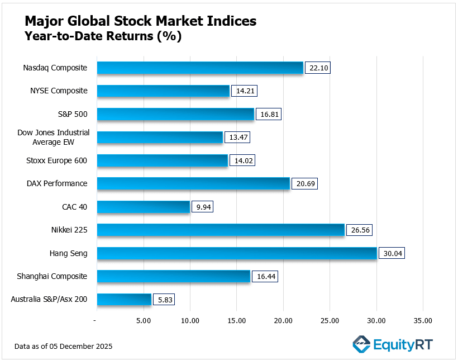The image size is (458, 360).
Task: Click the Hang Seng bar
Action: (x=237, y=253)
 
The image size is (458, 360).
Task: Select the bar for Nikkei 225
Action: (x=221, y=230)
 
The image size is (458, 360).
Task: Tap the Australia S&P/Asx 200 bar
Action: (x=124, y=300)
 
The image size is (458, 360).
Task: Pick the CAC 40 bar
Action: (x=144, y=207)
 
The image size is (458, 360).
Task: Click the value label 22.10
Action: (x=318, y=68)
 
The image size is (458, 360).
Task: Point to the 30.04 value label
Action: (x=392, y=253)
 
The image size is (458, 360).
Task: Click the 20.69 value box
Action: (x=305, y=184)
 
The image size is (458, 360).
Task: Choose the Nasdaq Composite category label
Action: (x=55, y=68)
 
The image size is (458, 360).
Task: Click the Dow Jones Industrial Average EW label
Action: (x=54, y=138)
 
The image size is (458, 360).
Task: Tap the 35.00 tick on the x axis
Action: (x=423, y=321)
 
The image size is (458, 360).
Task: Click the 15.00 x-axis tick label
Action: (x=236, y=321)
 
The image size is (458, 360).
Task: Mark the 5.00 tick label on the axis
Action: (x=144, y=321)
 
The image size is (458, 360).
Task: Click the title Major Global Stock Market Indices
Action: (x=141, y=21)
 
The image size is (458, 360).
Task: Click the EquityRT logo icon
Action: (x=362, y=343)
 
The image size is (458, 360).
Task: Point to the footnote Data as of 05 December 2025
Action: (x=64, y=347)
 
